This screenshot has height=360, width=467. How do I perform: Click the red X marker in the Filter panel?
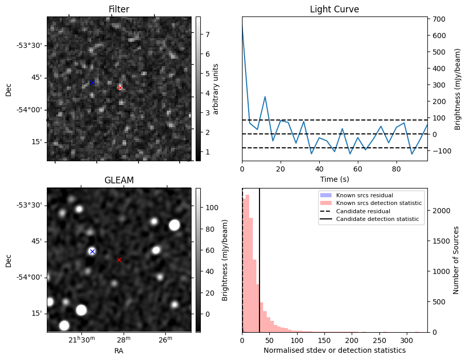click(x=120, y=88)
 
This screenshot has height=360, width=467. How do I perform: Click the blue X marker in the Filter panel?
click(x=92, y=82)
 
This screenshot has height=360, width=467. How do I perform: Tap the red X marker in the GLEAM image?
click(x=119, y=260)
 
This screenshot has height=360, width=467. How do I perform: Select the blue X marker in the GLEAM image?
click(x=92, y=251)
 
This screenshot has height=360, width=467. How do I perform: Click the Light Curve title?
click(x=334, y=10)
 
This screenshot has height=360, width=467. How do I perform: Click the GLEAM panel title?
click(x=119, y=180)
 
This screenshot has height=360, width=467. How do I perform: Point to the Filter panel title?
click(x=119, y=10)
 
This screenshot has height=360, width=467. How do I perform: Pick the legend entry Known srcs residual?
click(x=365, y=196)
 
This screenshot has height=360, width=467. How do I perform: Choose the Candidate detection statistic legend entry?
click(x=378, y=219)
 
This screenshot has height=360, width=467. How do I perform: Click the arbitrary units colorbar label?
click(x=216, y=89)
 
